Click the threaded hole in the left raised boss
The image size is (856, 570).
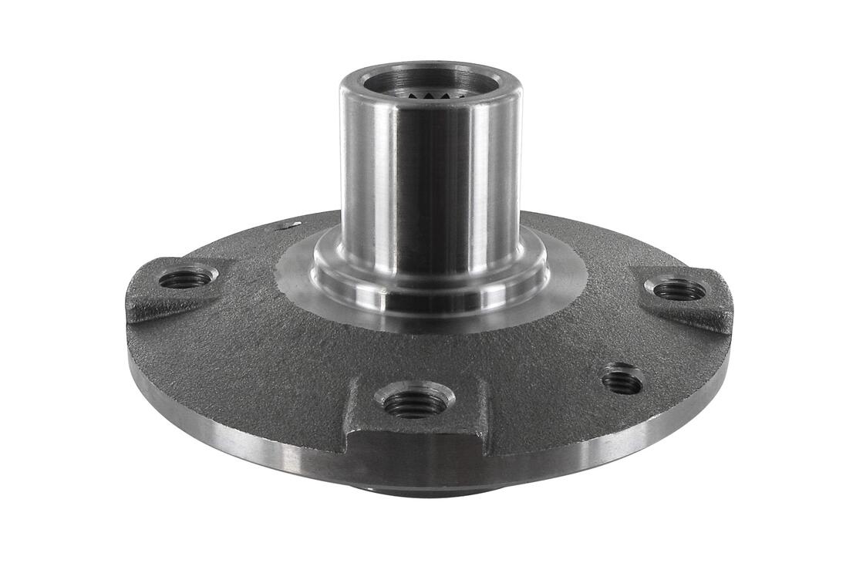coord(186,278)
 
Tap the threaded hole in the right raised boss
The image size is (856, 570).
coord(679,290)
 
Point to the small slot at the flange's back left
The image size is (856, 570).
coord(290,225)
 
